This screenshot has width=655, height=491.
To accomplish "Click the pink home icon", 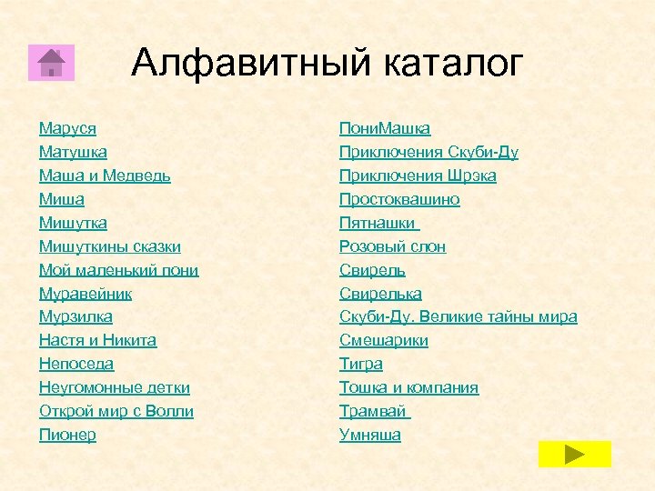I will point(51,62).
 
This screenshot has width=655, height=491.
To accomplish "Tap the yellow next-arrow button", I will point(574,454).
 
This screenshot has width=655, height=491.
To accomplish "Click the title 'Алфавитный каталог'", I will point(327,63).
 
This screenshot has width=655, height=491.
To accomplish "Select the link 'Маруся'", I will point(67,128).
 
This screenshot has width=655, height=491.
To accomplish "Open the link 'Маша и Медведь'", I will point(105,175).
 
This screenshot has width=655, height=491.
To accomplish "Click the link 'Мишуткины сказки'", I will point(109,246).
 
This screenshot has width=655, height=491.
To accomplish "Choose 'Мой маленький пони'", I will point(118,270).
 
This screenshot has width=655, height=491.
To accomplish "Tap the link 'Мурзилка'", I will point(76,317).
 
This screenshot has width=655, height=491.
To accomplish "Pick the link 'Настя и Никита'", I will point(97,341).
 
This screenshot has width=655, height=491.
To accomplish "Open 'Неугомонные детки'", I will point(114,388).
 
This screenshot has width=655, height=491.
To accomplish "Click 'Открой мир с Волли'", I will point(116,412).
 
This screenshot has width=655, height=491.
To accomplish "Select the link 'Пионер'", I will point(67,436).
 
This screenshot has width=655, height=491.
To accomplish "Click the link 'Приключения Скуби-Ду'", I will point(428,152).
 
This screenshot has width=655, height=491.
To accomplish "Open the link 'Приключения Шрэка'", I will point(418,175).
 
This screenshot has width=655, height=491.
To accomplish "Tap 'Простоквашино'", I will point(399,199).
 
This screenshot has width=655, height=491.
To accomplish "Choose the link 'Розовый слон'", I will point(392,246).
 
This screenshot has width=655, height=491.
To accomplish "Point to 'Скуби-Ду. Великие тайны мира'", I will point(458,317).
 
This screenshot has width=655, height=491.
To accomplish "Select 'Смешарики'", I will point(383,341).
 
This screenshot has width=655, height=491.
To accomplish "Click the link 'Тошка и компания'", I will point(408,388).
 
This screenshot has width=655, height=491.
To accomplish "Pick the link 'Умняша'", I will point(369,436).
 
